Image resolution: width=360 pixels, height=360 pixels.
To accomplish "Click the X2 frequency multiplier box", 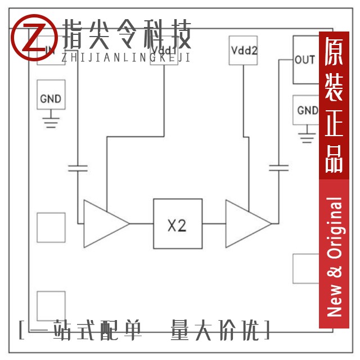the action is [178, 224].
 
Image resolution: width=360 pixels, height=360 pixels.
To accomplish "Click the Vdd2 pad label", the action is [244, 50].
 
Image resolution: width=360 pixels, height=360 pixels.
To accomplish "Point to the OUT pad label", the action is [305, 60].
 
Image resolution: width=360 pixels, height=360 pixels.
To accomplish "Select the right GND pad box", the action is [307, 110].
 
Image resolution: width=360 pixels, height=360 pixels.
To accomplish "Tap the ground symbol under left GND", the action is [51, 121].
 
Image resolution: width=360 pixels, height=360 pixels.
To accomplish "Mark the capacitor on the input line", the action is [78, 167].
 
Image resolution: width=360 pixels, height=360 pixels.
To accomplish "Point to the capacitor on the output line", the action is [278, 167].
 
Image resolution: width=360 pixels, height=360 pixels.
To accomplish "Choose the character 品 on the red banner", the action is [334, 160].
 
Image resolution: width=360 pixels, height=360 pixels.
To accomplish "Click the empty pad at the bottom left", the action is [51, 306].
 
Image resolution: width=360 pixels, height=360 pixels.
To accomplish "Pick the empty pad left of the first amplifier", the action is [51, 228].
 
